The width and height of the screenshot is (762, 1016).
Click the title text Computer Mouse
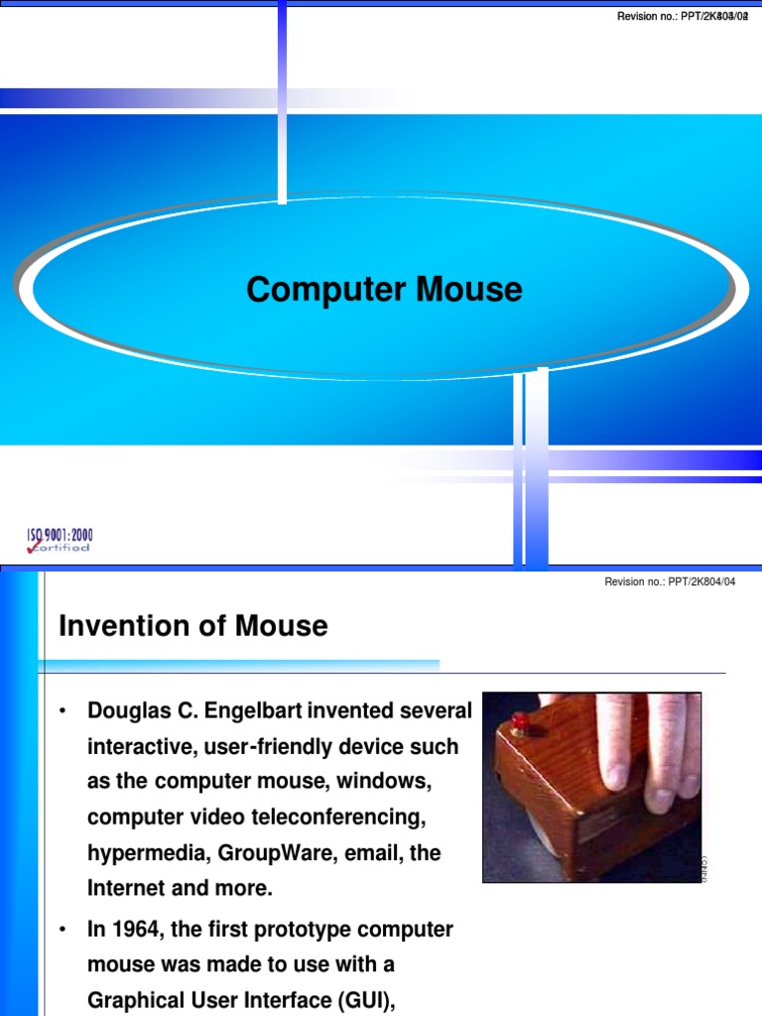(x=384, y=290)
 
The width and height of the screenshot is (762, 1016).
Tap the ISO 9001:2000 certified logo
(x=60, y=540)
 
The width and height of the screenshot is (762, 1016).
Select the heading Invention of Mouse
(x=193, y=626)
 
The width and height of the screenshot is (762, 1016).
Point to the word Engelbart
(x=257, y=711)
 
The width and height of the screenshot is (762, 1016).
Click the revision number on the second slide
(x=670, y=581)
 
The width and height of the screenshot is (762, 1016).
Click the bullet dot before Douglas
(x=63, y=712)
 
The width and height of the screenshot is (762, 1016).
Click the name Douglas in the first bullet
(x=126, y=711)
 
